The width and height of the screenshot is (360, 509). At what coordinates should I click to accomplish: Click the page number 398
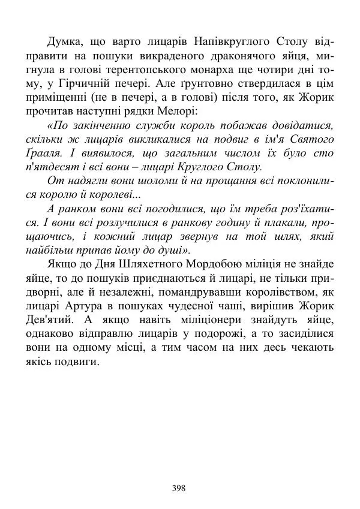pos(179,487)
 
